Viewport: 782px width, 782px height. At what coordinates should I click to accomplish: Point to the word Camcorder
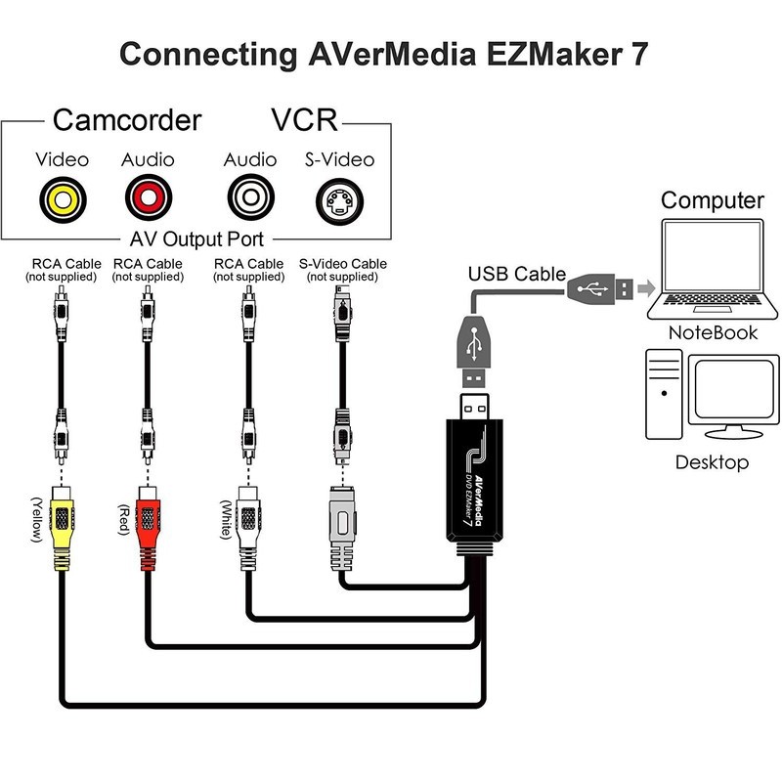tap(126, 121)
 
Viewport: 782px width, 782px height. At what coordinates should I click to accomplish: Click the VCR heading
tap(303, 121)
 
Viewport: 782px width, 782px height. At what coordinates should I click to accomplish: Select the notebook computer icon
tap(712, 269)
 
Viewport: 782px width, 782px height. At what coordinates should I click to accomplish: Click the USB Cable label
tap(516, 273)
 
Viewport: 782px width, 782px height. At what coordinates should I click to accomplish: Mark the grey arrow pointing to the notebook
tap(644, 287)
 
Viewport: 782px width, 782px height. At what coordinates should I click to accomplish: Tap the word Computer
tap(712, 200)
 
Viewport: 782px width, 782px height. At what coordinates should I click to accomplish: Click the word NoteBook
tap(713, 332)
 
